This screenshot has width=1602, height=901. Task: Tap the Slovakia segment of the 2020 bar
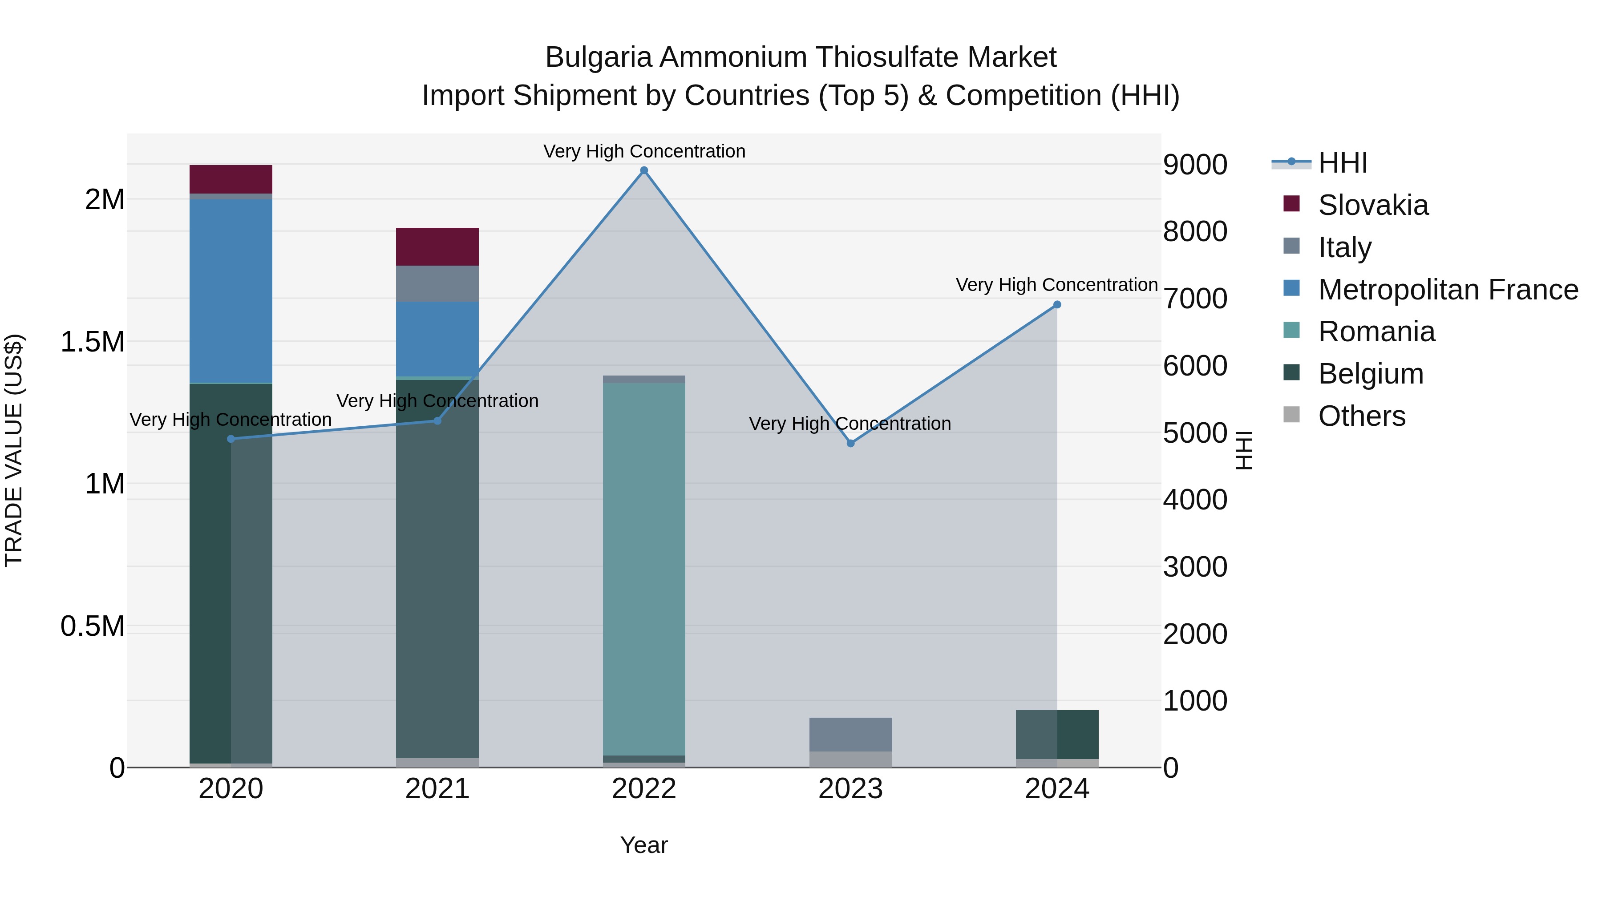click(231, 179)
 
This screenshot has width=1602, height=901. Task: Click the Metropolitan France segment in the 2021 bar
click(437, 339)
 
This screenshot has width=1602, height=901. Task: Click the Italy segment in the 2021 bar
click(437, 283)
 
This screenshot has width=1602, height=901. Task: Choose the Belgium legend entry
click(1370, 374)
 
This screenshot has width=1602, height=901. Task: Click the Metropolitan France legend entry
click(1447, 290)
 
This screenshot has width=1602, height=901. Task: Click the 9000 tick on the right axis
click(1195, 165)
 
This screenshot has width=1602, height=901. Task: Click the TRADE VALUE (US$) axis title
click(14, 450)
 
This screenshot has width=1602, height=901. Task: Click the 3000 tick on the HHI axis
click(1195, 566)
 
